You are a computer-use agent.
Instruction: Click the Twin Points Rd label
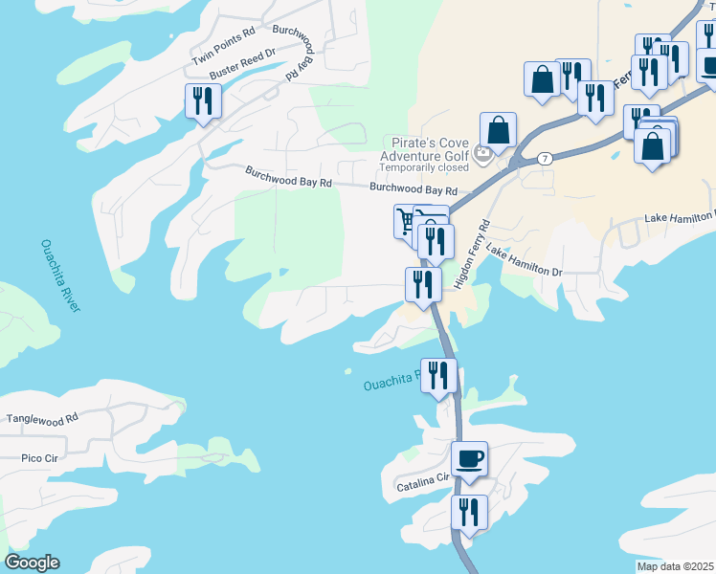pos(223,45)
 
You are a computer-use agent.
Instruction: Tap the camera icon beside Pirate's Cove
pos(482,151)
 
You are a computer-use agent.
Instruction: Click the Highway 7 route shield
pos(543,159)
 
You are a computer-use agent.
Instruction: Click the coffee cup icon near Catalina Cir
pos(469,458)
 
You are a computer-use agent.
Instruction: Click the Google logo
pos(32,563)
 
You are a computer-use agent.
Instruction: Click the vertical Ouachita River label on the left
pos(60,275)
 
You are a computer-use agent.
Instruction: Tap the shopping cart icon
pos(406,221)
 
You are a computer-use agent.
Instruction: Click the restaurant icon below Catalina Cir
pos(469,511)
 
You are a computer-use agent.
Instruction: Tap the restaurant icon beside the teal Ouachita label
pos(438,374)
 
